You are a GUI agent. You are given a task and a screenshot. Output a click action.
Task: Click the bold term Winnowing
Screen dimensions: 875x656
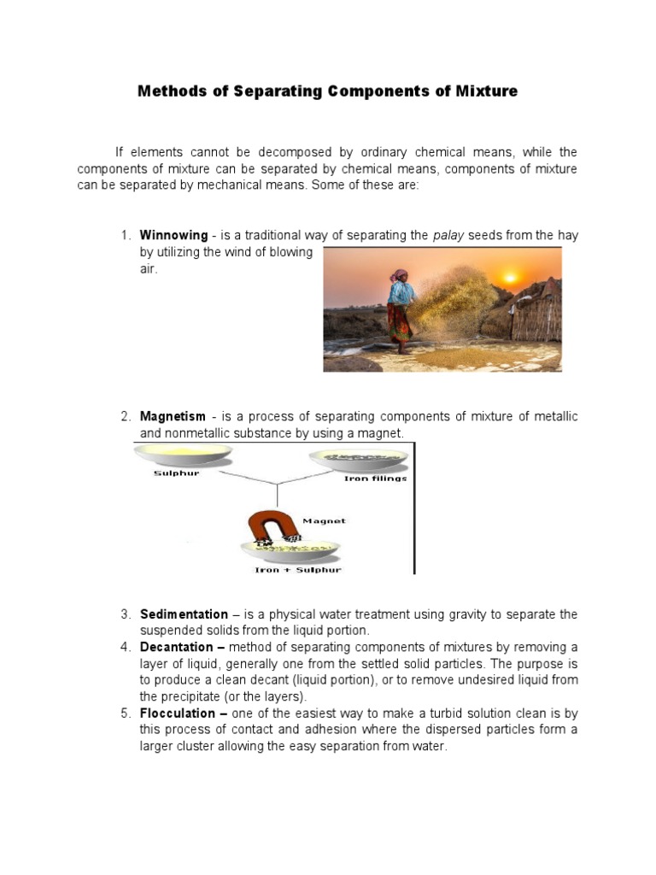click(x=173, y=235)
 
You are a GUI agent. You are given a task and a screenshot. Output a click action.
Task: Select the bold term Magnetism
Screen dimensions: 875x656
click(x=173, y=416)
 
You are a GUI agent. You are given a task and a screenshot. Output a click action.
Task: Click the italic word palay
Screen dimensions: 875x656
click(x=449, y=235)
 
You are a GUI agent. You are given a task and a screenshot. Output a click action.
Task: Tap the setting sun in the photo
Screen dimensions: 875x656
click(x=511, y=277)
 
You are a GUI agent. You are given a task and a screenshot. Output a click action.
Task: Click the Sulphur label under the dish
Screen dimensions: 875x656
click(x=176, y=473)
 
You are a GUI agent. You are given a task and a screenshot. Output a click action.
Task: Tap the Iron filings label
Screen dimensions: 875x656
click(x=375, y=479)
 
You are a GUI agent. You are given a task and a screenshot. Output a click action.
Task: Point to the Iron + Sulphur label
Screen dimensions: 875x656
click(x=297, y=570)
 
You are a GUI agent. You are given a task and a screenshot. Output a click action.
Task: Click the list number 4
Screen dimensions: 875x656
click(x=124, y=647)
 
